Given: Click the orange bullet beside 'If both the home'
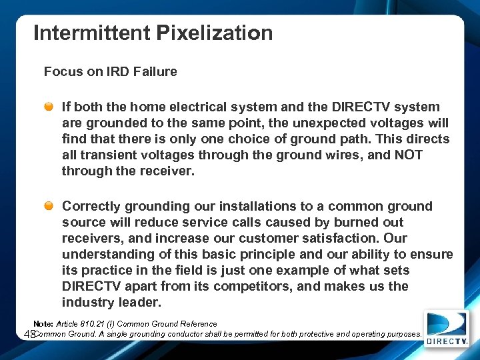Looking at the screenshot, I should point(50,107).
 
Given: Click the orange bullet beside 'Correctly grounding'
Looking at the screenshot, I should point(50,206).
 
